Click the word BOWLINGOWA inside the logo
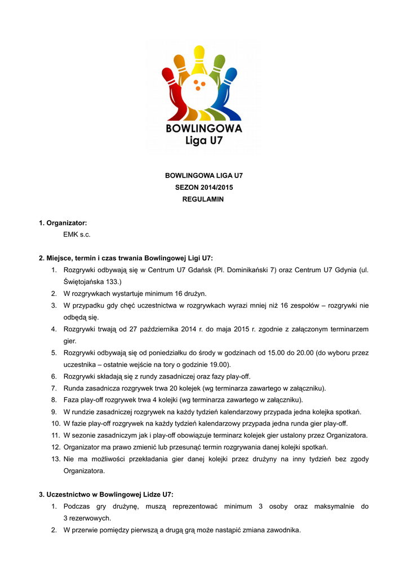click(203, 128)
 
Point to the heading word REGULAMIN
click(203, 199)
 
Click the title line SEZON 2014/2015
click(203, 188)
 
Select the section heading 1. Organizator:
click(63, 223)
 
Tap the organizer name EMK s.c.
click(77, 234)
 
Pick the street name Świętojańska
click(85, 281)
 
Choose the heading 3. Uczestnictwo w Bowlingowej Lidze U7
click(106, 495)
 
